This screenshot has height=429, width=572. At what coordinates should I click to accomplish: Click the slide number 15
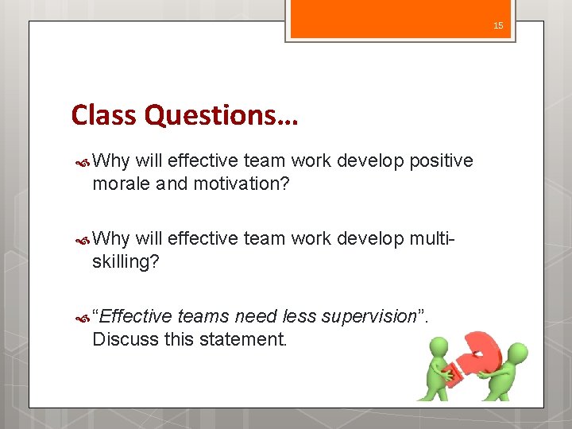(498, 26)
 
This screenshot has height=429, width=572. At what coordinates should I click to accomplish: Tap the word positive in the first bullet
(441, 161)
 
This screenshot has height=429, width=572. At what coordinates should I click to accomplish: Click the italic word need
(256, 316)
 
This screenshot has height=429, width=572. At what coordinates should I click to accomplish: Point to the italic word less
(299, 316)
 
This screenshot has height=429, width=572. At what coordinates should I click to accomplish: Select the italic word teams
(203, 316)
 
